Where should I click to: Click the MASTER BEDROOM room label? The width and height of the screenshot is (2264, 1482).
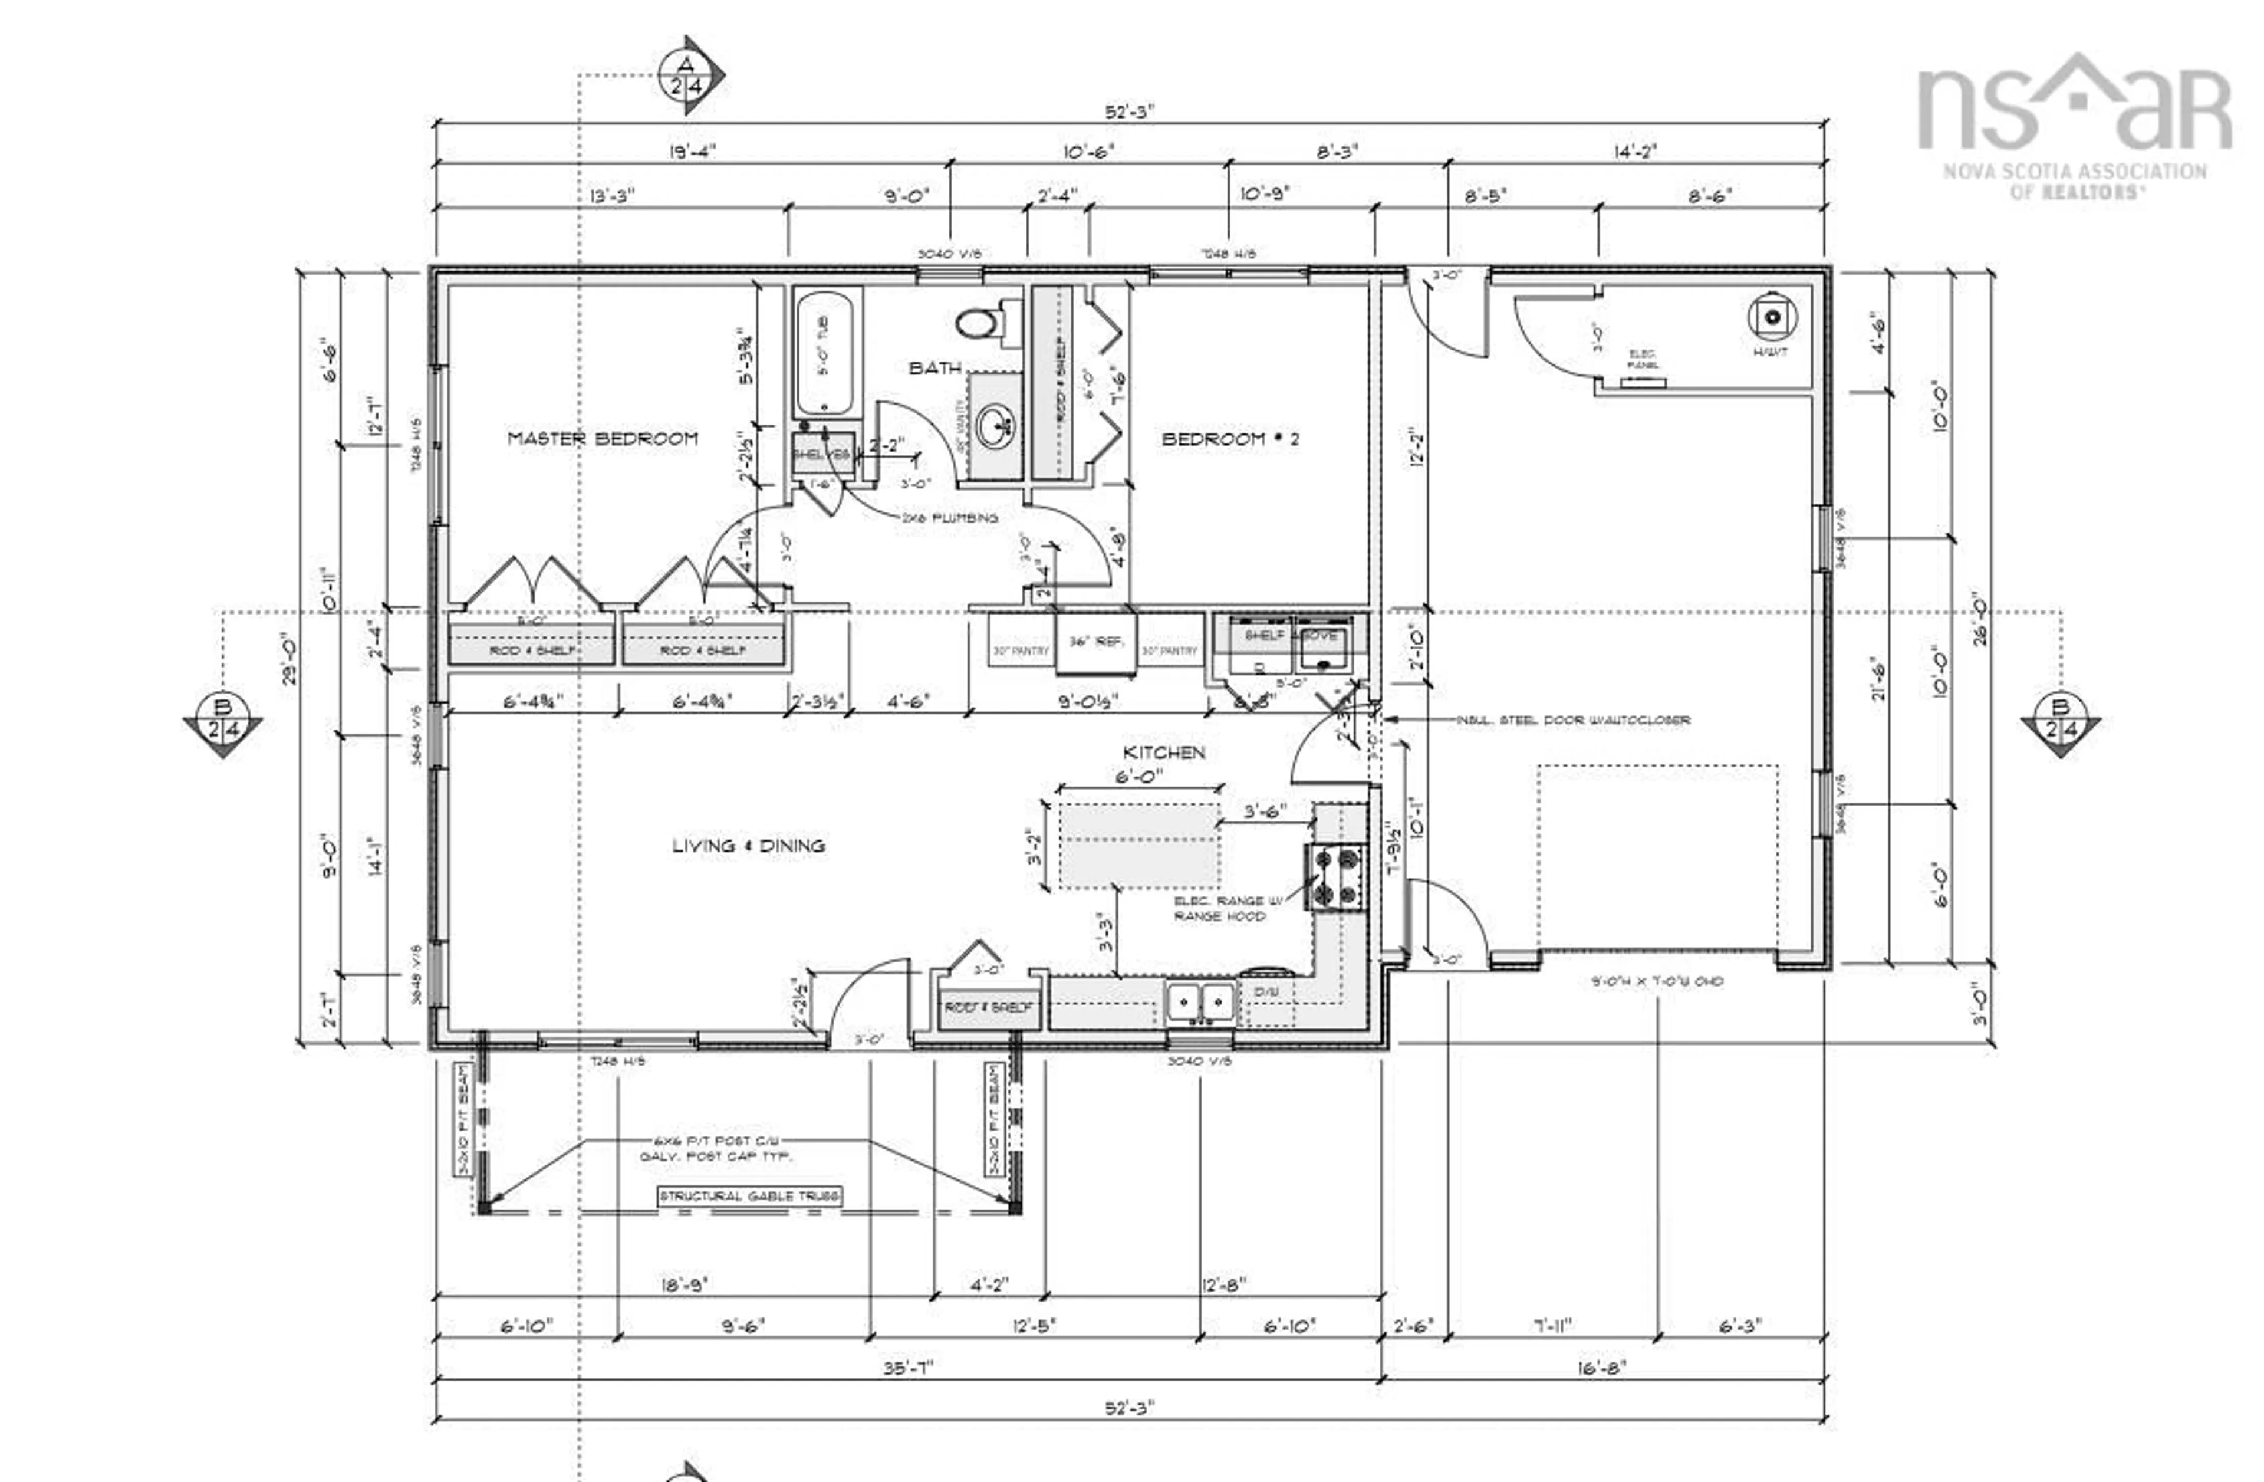click(602, 439)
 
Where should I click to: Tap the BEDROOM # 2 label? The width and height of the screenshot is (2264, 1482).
click(1230, 439)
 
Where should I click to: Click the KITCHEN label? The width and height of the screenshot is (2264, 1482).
click(1163, 752)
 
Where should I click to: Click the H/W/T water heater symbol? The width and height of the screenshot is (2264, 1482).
click(1771, 318)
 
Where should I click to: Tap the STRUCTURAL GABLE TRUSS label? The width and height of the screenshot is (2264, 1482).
click(749, 1195)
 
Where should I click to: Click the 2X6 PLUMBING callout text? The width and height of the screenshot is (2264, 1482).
click(949, 517)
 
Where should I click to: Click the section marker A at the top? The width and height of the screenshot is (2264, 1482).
click(687, 75)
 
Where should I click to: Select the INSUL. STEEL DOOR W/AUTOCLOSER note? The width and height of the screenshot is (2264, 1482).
click(1572, 720)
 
